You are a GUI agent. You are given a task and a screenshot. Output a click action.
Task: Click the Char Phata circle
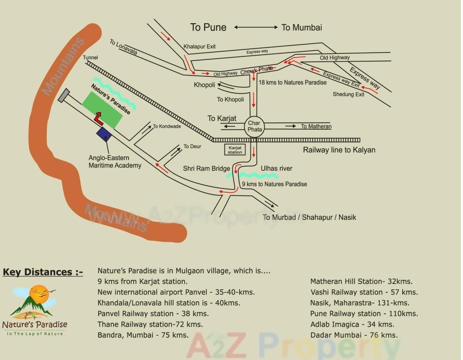[255, 126]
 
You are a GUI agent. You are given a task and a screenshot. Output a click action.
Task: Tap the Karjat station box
[235, 150]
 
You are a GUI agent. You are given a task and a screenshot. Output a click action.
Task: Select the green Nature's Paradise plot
[102, 109]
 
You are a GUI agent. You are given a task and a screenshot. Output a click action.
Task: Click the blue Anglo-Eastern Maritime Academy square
[104, 134]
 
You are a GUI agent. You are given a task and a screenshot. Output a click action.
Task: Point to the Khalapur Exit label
[199, 47]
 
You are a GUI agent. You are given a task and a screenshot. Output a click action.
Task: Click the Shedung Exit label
[348, 94]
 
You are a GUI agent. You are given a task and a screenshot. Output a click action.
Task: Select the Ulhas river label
[277, 169]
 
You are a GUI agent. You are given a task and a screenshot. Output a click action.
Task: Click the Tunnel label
[90, 57]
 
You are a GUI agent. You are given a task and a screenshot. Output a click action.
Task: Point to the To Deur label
[192, 147]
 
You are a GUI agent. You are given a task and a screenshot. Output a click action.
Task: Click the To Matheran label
[316, 126]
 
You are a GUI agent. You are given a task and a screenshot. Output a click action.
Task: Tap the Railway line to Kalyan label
[339, 150]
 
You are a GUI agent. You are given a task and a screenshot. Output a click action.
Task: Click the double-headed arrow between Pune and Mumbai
[256, 27]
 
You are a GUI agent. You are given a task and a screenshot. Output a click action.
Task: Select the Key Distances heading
[43, 272]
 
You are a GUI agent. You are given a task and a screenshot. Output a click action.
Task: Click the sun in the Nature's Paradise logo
[40, 294]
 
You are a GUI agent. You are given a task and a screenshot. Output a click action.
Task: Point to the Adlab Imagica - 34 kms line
[352, 324]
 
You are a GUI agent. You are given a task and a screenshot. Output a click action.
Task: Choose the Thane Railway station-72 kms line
[150, 324]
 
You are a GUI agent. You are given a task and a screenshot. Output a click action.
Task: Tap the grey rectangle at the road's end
[64, 95]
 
